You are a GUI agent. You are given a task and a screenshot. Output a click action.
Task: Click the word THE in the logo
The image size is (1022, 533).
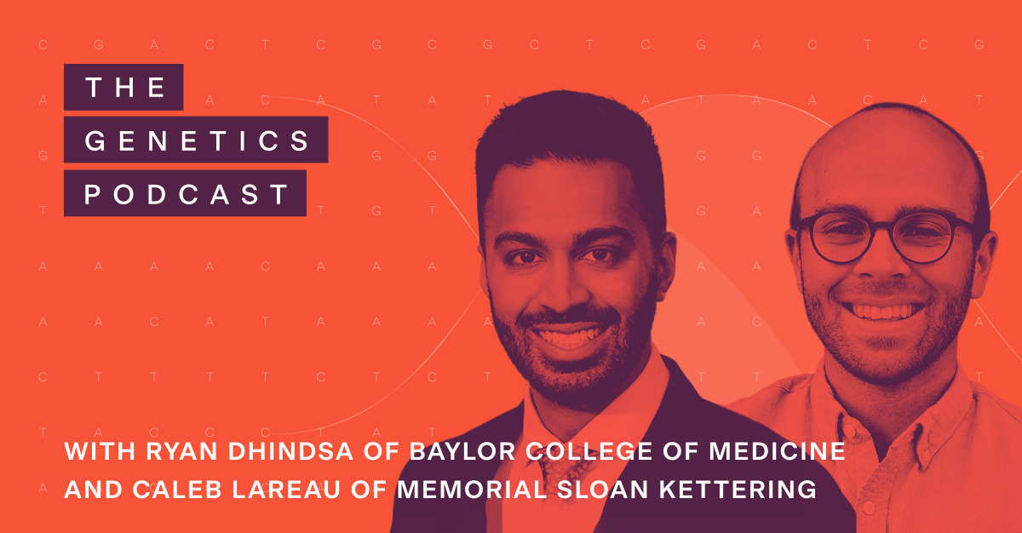pyautogui.click(x=124, y=88)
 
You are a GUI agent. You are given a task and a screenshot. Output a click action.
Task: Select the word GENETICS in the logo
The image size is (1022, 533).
pyautogui.click(x=197, y=140)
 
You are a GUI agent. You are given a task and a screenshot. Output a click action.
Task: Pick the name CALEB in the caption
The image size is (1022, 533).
pyautogui.click(x=167, y=491)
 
